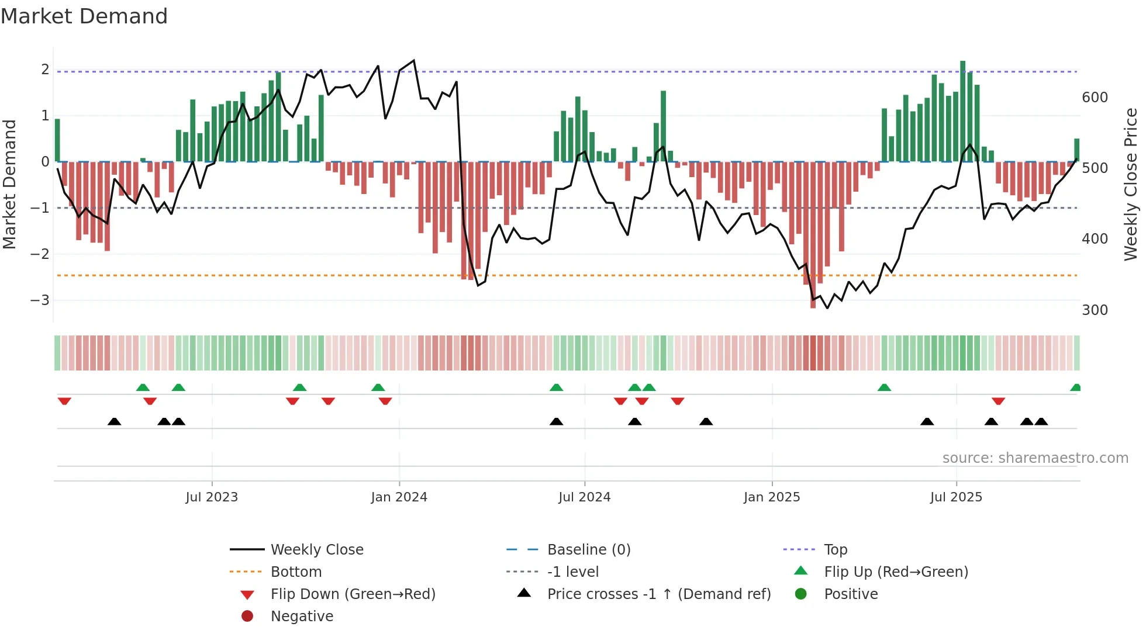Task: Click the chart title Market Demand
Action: coord(84,16)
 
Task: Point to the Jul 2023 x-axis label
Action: coord(212,497)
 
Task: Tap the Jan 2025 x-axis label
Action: coord(772,497)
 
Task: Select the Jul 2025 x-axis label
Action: coord(956,497)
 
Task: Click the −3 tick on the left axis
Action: coord(40,300)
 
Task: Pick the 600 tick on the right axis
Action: coord(1095,98)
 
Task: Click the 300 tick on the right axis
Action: coord(1095,310)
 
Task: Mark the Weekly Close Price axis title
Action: coord(1131,184)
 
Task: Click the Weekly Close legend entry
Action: coord(316,550)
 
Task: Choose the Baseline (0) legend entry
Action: coord(588,550)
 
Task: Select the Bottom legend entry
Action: coord(296,572)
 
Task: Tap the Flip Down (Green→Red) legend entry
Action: coord(353,594)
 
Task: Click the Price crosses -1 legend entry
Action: coord(658,594)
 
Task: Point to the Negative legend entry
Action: coord(302,617)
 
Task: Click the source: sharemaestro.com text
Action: coord(1035,458)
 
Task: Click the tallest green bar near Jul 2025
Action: coord(962,111)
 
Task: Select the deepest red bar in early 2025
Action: coord(813,234)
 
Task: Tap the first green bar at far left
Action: coord(57,140)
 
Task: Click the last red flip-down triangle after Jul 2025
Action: coord(998,401)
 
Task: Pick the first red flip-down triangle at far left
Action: coord(64,401)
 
